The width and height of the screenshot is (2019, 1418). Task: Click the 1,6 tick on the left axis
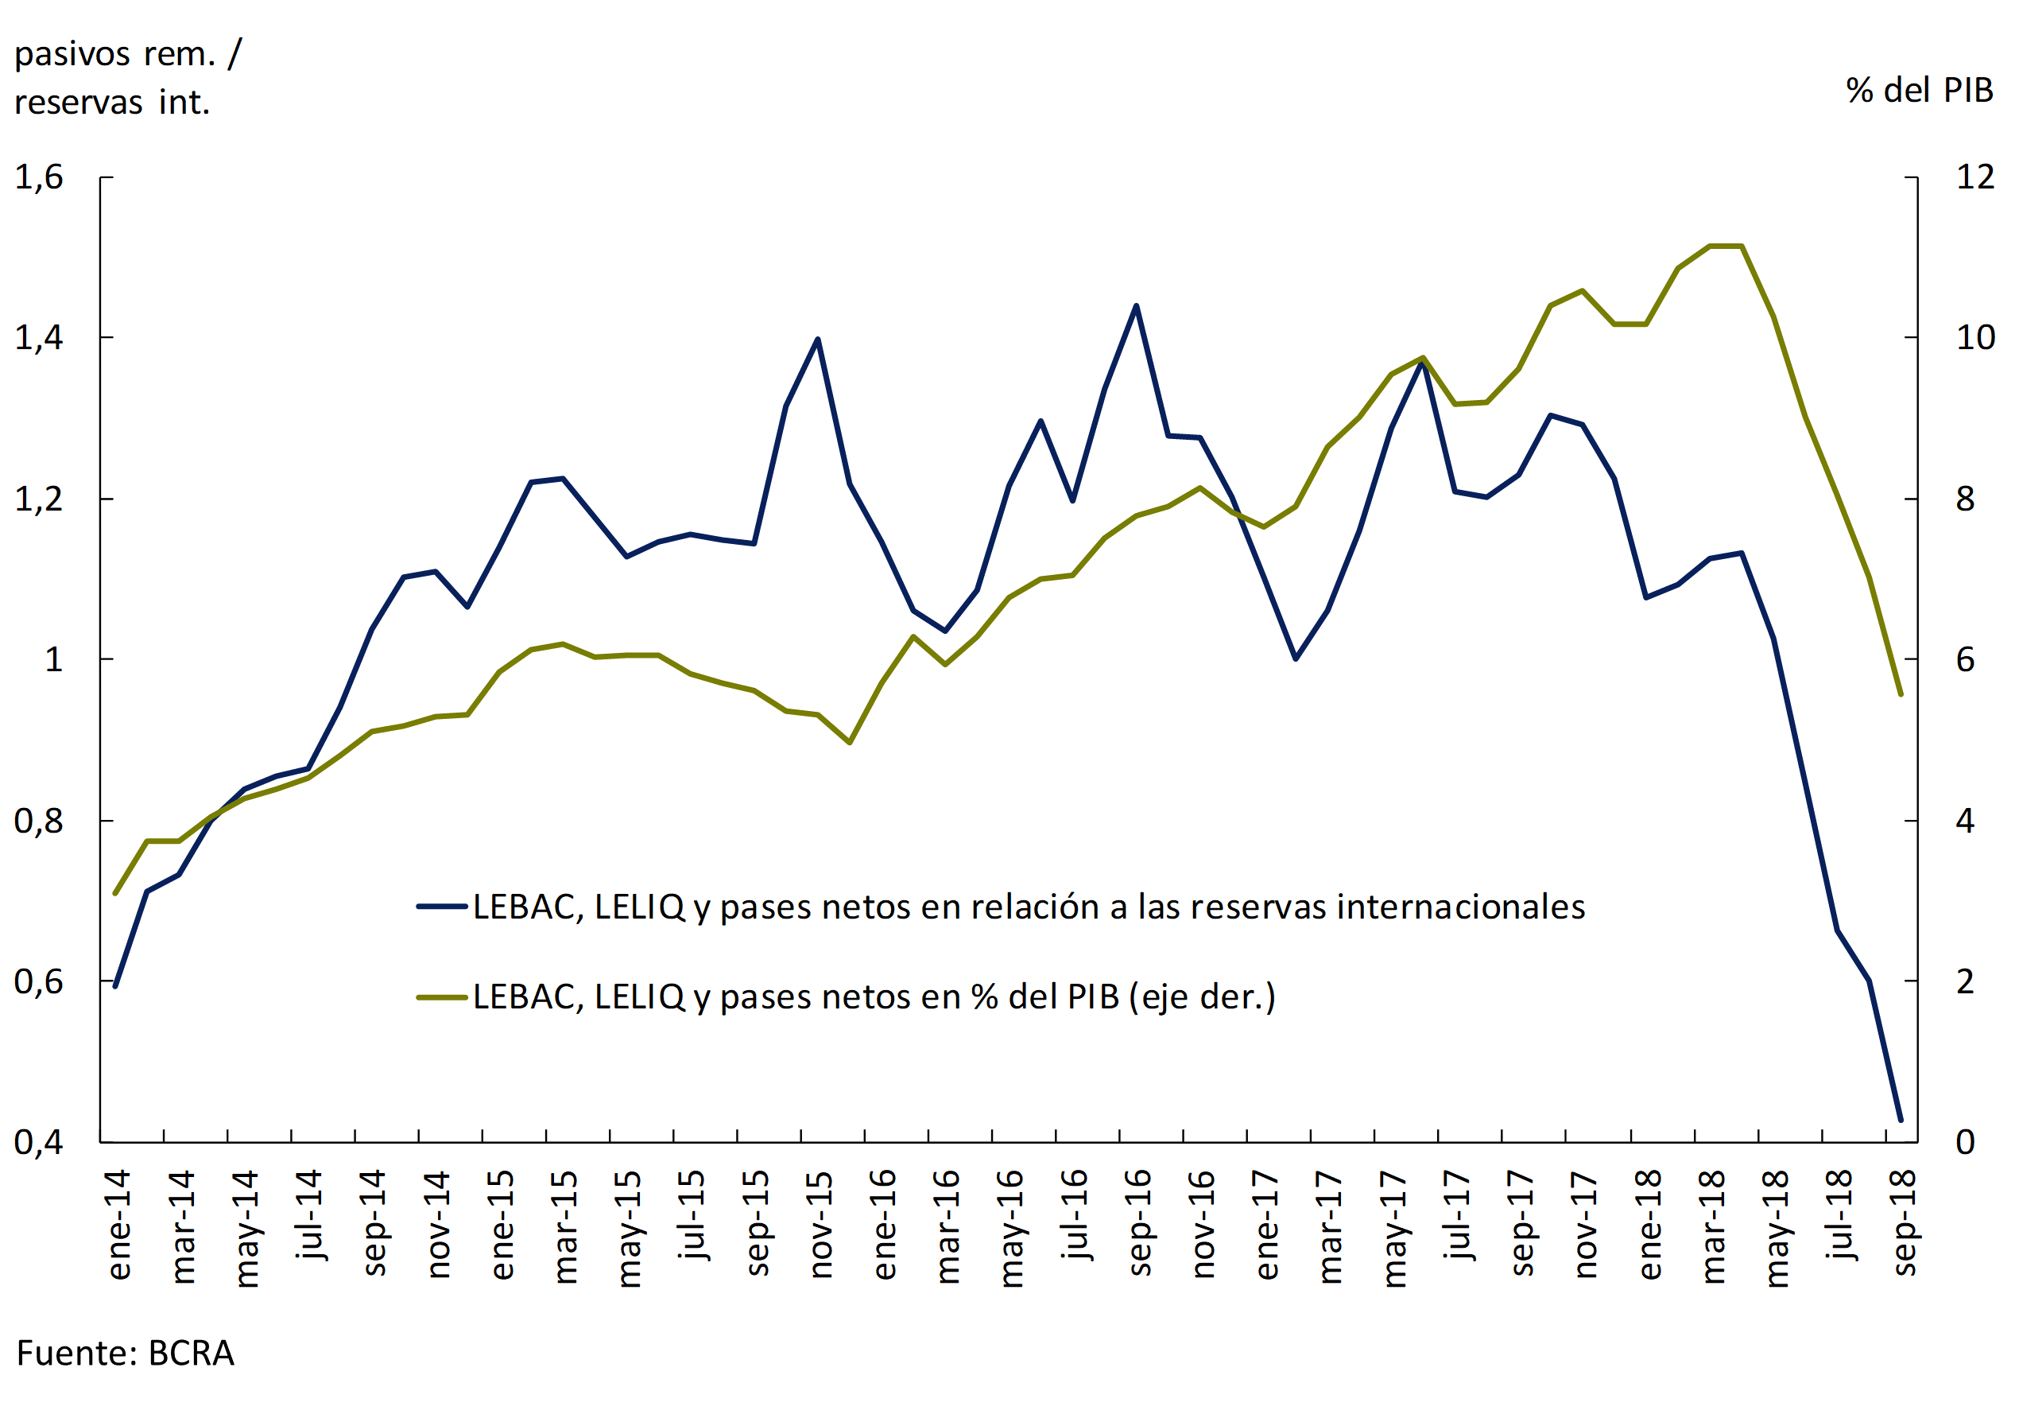pos(39,177)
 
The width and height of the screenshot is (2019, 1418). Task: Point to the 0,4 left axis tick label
pos(39,1142)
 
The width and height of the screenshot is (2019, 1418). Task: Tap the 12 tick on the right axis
pos(1975,177)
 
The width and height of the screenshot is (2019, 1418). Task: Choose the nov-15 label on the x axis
pos(820,1224)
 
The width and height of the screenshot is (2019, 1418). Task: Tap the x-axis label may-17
pos(1393,1229)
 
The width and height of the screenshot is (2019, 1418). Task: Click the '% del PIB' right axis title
pos(1919,90)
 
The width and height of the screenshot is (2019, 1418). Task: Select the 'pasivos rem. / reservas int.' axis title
pos(127,78)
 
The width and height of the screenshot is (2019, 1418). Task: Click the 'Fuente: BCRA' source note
pos(125,1353)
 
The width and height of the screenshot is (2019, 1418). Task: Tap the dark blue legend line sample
pos(441,906)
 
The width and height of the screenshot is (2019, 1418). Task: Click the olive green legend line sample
pos(441,996)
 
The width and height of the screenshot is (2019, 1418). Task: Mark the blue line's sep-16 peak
pos(1136,306)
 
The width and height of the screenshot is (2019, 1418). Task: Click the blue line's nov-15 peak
pos(818,340)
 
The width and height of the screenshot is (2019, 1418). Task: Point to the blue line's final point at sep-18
pos(1901,1120)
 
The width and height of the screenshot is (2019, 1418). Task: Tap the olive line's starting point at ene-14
pos(115,893)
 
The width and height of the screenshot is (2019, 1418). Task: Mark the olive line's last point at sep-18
pos(1901,694)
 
